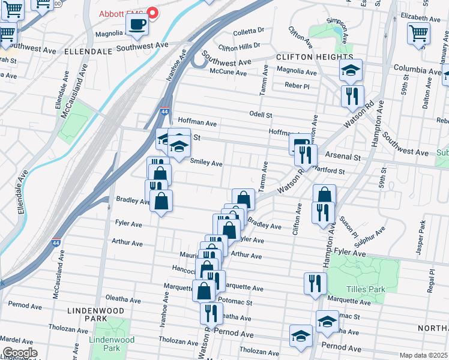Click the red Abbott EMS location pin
(x=152, y=13)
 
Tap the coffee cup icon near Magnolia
(x=137, y=25)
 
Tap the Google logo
(x=20, y=353)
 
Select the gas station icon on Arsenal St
(x=300, y=144)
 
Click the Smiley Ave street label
(x=206, y=163)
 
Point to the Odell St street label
(x=261, y=114)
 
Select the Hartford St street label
(x=329, y=171)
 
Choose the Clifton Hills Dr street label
(x=240, y=46)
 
